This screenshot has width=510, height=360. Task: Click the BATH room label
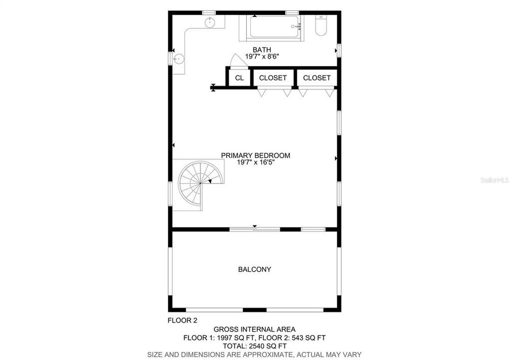coord(262,49)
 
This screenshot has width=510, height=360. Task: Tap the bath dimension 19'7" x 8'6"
coord(262,56)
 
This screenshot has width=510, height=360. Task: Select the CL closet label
coord(239,78)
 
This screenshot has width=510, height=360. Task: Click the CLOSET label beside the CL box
coord(273,78)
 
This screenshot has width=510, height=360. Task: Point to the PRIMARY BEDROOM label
coord(255,155)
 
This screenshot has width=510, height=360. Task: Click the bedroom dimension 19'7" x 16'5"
coord(255,162)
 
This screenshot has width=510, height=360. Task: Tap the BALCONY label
coord(254,269)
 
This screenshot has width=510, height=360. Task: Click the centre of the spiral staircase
coord(200,183)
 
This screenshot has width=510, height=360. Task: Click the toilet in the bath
coord(321,25)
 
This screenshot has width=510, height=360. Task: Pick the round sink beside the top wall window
coord(210,22)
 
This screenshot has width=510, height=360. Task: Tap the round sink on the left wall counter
coord(179,59)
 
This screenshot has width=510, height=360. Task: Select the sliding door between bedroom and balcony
coord(254,229)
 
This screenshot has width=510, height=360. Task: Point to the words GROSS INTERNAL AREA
coord(254,329)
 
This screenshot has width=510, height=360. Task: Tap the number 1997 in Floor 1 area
coord(225,337)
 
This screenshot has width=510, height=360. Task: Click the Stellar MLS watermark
coord(494,179)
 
